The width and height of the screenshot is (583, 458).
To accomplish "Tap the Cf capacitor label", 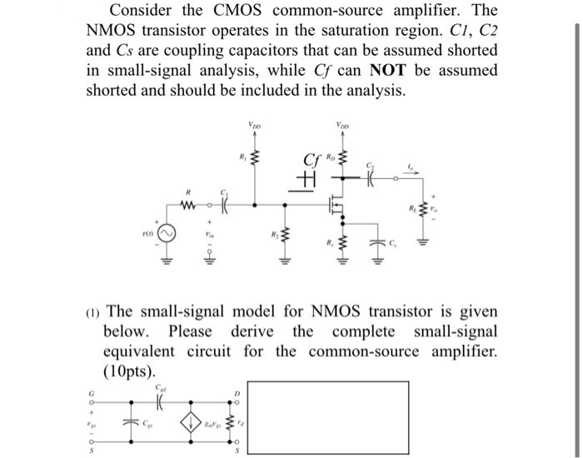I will tap(311, 161).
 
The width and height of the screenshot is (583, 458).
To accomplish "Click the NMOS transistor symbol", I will tap(335, 209).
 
